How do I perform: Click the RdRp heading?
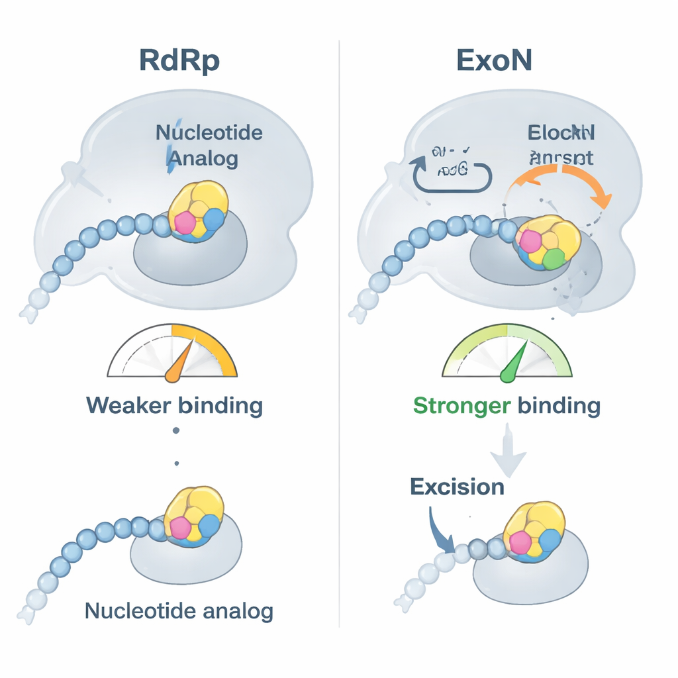(179, 60)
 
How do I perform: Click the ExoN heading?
(495, 60)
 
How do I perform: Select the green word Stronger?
(461, 405)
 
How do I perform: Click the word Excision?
(457, 487)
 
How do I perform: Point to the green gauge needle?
(514, 362)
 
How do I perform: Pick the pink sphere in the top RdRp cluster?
(185, 223)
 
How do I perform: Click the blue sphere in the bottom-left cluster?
(209, 526)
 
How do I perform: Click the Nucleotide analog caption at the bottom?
(179, 610)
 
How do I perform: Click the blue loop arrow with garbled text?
(450, 169)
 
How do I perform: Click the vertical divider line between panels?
(339, 331)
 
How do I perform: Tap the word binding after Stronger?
(558, 405)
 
